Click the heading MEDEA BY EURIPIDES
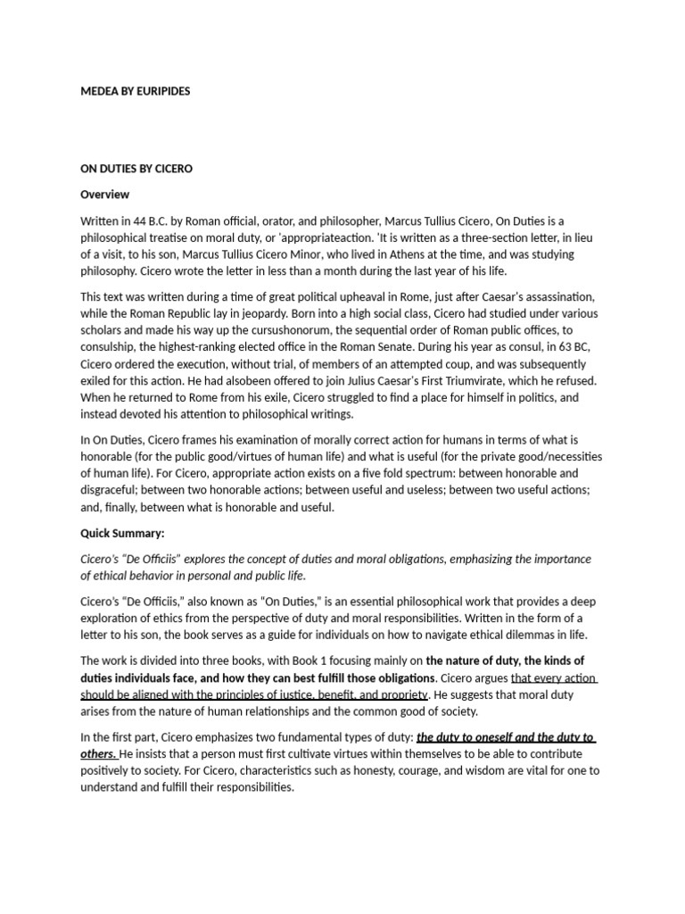pyautogui.click(x=136, y=91)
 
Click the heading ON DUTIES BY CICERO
pyautogui.click(x=136, y=168)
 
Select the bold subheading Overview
pyautogui.click(x=105, y=194)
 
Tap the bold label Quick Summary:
pyautogui.click(x=123, y=533)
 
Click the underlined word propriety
pyautogui.click(x=397, y=694)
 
